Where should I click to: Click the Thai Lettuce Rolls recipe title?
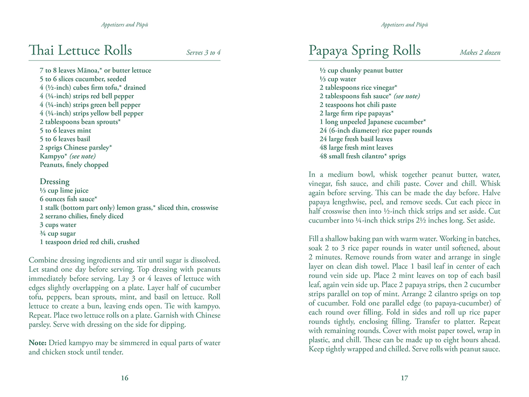click(80, 50)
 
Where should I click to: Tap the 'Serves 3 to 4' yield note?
click(203, 53)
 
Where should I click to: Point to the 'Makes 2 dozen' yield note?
click(480, 53)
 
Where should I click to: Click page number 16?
click(124, 378)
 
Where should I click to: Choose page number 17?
click(404, 378)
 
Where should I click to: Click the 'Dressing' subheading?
click(54, 181)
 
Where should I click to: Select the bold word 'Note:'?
click(38, 342)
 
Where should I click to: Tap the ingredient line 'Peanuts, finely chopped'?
click(74, 164)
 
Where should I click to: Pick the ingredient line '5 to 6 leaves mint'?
click(65, 130)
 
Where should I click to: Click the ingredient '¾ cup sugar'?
click(58, 233)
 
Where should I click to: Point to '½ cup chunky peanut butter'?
click(361, 70)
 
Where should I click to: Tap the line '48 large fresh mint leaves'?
click(356, 148)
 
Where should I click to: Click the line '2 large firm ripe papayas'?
click(357, 113)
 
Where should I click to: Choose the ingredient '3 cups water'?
click(58, 225)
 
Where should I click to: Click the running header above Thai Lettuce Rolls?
click(124, 25)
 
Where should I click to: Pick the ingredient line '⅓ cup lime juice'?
click(64, 191)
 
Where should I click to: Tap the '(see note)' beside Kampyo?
click(82, 156)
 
